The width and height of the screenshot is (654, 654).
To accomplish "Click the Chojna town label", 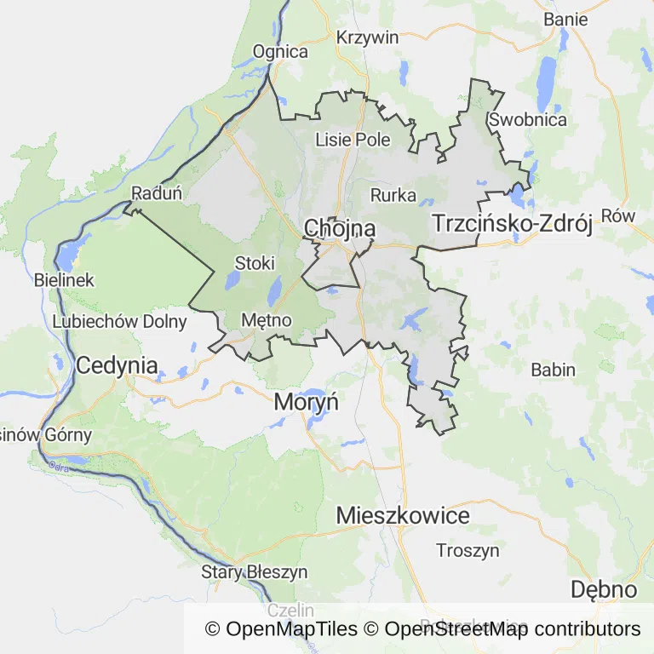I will tap(340, 228).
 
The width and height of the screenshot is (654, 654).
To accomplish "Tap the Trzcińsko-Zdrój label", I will tap(512, 224).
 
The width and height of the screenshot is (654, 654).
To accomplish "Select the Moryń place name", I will tap(306, 402).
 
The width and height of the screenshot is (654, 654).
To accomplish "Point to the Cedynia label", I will tap(117, 366).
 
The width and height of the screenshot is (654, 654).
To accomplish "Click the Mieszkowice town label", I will tap(403, 515).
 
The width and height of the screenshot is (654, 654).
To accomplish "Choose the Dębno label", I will tap(603, 589).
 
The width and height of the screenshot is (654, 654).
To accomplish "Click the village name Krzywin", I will tap(367, 37).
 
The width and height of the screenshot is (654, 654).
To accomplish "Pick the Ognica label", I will tap(280, 52).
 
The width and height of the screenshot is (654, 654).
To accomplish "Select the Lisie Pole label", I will tap(353, 140).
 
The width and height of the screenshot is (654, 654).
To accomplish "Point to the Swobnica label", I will tap(528, 119).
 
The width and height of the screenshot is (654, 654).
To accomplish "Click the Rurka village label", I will tap(393, 195).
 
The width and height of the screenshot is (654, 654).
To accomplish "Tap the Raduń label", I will tap(157, 193).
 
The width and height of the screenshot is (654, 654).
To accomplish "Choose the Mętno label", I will tap(267, 320).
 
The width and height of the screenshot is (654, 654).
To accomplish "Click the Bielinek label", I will tap(65, 279).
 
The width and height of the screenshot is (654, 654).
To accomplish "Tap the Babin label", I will tap(553, 370).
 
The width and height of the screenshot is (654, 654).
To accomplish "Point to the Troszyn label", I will tap(468, 550).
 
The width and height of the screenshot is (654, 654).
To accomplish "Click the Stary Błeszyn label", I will tap(254, 571).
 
